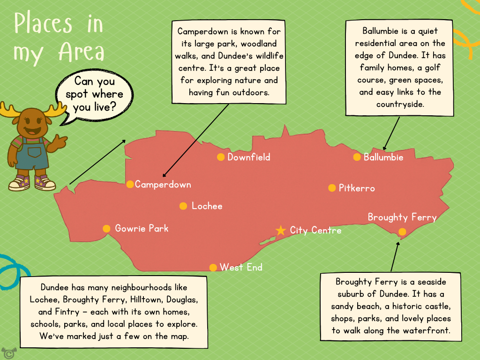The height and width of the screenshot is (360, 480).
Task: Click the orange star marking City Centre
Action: pyautogui.click(x=280, y=230)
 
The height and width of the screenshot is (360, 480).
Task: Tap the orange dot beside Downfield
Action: pyautogui.click(x=221, y=157)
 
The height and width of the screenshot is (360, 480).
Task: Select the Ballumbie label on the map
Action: pyautogui.click(x=383, y=157)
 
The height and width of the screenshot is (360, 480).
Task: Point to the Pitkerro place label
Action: pyautogui.click(x=357, y=188)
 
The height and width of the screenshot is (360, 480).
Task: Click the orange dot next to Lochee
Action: pyautogui.click(x=183, y=206)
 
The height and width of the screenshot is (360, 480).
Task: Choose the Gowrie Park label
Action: pyautogui.click(x=142, y=228)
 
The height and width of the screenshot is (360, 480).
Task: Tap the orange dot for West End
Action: pyautogui.click(x=213, y=267)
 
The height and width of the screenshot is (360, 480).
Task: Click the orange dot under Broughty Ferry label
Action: pyautogui.click(x=402, y=231)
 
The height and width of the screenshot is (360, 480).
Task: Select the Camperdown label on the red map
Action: pyautogui.click(x=163, y=184)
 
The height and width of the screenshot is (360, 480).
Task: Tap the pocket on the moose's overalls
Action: pyautogui.click(x=34, y=152)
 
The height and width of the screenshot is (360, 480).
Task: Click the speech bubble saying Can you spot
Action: pyautogui.click(x=94, y=94)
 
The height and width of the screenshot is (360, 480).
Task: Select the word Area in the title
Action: pyautogui.click(x=81, y=52)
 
